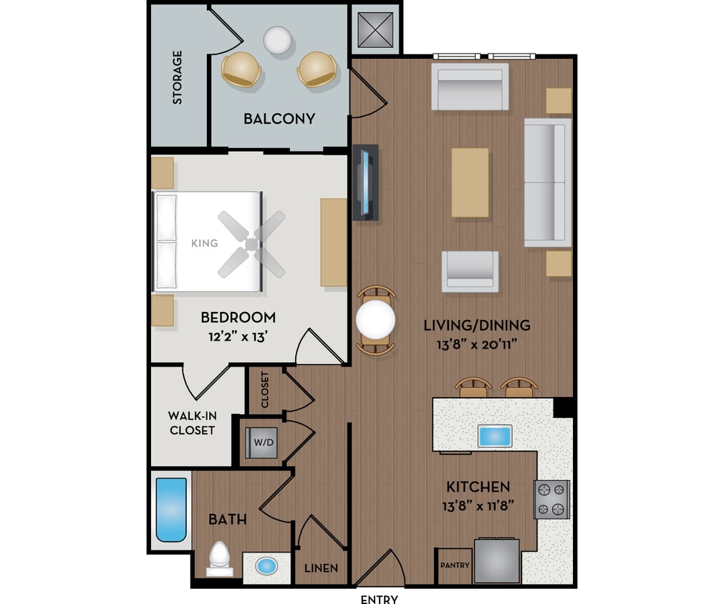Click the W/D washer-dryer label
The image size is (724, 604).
click(x=264, y=442)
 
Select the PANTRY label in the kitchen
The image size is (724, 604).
click(x=455, y=565)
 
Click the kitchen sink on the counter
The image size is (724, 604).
click(x=495, y=436)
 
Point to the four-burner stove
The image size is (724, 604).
click(x=552, y=500)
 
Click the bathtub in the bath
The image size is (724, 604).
click(x=171, y=510)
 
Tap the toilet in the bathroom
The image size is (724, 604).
click(x=220, y=559)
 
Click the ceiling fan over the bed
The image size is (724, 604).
click(x=251, y=244)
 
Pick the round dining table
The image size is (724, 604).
click(x=375, y=319)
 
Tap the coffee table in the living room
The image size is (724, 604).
click(x=470, y=182)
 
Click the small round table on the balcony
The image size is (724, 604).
click(x=276, y=40)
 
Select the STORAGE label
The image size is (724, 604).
click(x=177, y=77)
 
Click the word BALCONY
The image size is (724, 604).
click(x=279, y=119)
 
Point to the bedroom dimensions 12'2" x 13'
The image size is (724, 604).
click(x=238, y=336)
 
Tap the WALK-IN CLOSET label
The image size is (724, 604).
click(x=191, y=423)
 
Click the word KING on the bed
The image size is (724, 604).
click(x=204, y=243)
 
